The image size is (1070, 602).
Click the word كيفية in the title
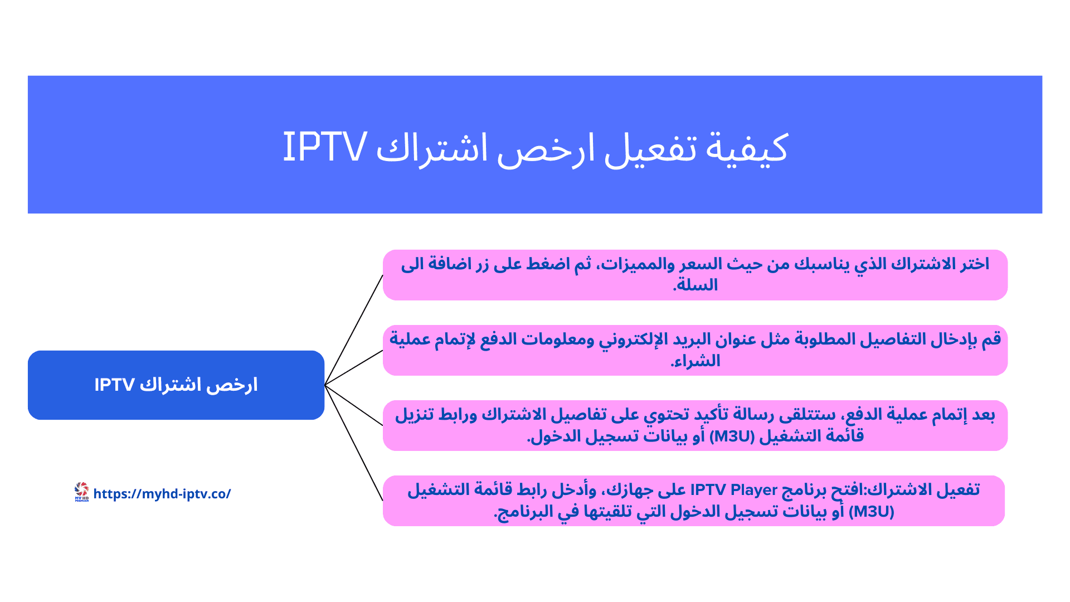[x=747, y=148]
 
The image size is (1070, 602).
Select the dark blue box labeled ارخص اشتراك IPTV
[x=176, y=385]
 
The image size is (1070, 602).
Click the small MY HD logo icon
[x=81, y=492]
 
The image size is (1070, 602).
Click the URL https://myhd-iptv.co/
[x=162, y=494]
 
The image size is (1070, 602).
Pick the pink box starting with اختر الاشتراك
[x=695, y=275]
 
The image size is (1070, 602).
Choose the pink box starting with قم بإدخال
[x=695, y=350]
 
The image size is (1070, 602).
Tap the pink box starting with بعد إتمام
[x=695, y=425]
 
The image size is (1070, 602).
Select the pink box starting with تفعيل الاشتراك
[x=694, y=501]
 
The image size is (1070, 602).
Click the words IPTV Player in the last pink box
[x=733, y=490]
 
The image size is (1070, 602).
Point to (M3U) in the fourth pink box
[x=871, y=511]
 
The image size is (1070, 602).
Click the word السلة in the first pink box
[x=697, y=285]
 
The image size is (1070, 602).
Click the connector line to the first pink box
[x=353, y=330]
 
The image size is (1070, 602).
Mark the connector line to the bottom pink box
[x=353, y=443]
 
